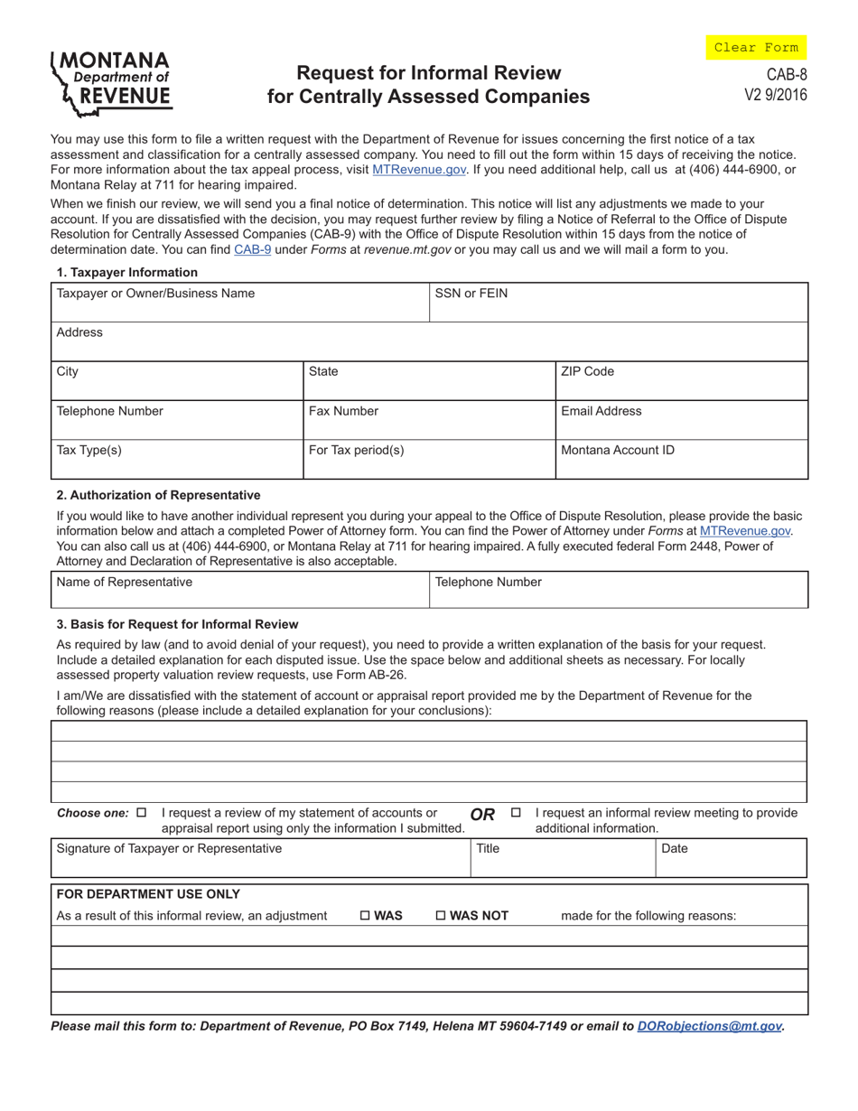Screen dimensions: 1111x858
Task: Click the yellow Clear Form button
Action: pos(756,47)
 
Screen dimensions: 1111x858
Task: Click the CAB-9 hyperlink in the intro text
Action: pos(253,250)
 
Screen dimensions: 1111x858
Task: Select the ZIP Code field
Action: pos(681,380)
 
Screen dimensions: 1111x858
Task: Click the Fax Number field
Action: pos(428,420)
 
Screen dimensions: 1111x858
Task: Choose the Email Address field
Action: pos(681,420)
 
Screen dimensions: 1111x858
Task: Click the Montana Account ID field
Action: pos(681,459)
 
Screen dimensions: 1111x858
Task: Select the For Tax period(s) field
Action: pos(428,459)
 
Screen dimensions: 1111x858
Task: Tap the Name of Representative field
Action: pos(239,590)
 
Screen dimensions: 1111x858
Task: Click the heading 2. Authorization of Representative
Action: pos(158,495)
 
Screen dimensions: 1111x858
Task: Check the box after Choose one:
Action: pos(141,812)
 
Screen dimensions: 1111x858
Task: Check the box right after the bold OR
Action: pos(516,812)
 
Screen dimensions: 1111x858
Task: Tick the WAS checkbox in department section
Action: pos(365,916)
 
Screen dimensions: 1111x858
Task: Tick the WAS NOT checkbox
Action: pos(441,916)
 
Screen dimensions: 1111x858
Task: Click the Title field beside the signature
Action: pos(561,858)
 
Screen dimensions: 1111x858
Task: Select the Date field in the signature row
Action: pos(730,858)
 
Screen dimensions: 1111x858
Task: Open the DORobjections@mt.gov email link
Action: pos(709,1026)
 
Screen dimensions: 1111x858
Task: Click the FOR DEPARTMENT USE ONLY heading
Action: pos(148,894)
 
